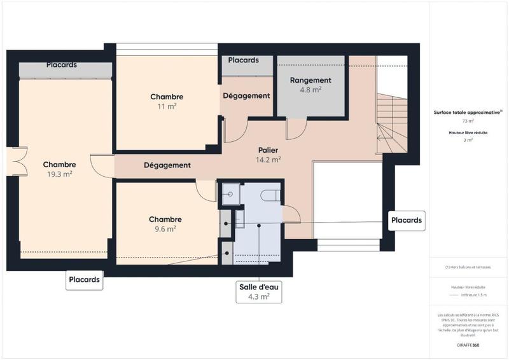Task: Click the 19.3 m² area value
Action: pyautogui.click(x=59, y=174)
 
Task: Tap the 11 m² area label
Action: pyautogui.click(x=167, y=107)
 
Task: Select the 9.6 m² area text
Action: pyautogui.click(x=165, y=229)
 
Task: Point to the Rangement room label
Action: pyautogui.click(x=310, y=80)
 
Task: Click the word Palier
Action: pyautogui.click(x=268, y=150)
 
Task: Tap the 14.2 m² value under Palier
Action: pyautogui.click(x=268, y=160)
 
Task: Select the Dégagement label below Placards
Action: pyautogui.click(x=246, y=95)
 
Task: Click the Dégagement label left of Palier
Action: pyautogui.click(x=167, y=165)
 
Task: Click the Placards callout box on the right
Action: pyautogui.click(x=407, y=220)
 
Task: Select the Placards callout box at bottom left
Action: pyautogui.click(x=84, y=279)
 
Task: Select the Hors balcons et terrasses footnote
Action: pyautogui.click(x=468, y=267)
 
